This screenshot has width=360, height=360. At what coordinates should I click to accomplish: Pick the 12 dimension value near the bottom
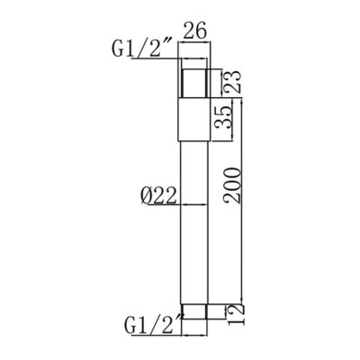coord(235,313)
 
